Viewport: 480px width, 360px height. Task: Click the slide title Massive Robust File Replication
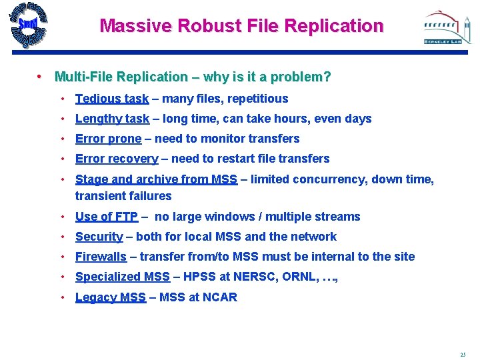pyautogui.click(x=241, y=26)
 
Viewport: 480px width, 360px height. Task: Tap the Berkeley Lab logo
pyautogui.click(x=447, y=27)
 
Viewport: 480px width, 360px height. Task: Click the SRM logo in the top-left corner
pyautogui.click(x=29, y=26)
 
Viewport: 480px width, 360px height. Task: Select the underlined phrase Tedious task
pyautogui.click(x=112, y=99)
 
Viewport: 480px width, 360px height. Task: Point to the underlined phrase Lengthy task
pyautogui.click(x=112, y=119)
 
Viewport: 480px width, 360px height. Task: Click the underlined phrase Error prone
pyautogui.click(x=108, y=139)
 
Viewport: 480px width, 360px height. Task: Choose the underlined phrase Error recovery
pyautogui.click(x=117, y=159)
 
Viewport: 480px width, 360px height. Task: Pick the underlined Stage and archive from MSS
pyautogui.click(x=156, y=179)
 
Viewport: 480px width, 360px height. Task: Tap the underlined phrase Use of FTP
pyautogui.click(x=107, y=217)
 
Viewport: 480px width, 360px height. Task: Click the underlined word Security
pyautogui.click(x=99, y=237)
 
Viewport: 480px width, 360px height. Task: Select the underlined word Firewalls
pyautogui.click(x=101, y=257)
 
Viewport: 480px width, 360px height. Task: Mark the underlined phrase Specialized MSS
pyautogui.click(x=123, y=277)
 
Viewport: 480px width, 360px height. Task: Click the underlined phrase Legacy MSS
pyautogui.click(x=111, y=297)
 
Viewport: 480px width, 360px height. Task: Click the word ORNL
pyautogui.click(x=304, y=277)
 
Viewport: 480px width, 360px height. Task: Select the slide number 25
pyautogui.click(x=463, y=354)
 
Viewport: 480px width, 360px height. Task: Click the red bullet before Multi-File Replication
pyautogui.click(x=41, y=77)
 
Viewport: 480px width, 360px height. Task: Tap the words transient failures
pyautogui.click(x=123, y=196)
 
